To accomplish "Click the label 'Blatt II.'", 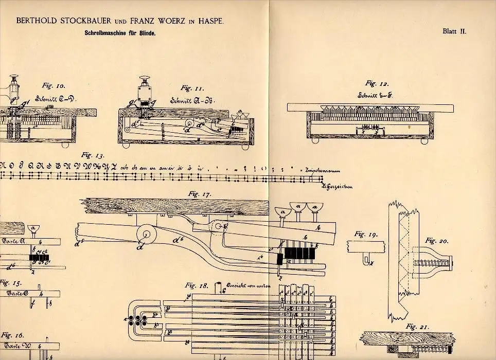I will coord(454,31).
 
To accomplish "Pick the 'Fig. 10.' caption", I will coord(50,87).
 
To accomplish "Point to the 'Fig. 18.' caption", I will coord(197,285).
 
